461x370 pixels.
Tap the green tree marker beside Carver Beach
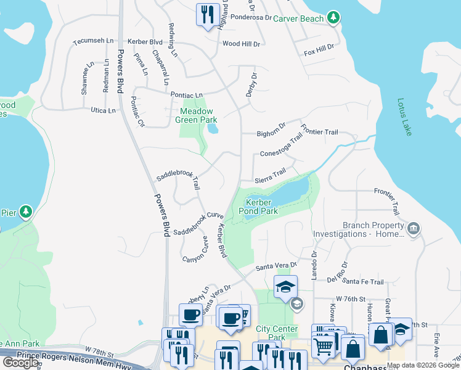tap(333, 17)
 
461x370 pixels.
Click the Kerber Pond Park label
tap(262, 207)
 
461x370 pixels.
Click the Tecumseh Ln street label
tap(94, 41)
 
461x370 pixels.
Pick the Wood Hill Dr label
tap(242, 44)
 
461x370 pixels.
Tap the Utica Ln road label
tap(103, 110)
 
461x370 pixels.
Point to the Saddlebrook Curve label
tap(198, 223)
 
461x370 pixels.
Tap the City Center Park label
tap(277, 333)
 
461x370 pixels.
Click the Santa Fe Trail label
tap(363, 282)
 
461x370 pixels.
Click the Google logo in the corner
tap(20, 362)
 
